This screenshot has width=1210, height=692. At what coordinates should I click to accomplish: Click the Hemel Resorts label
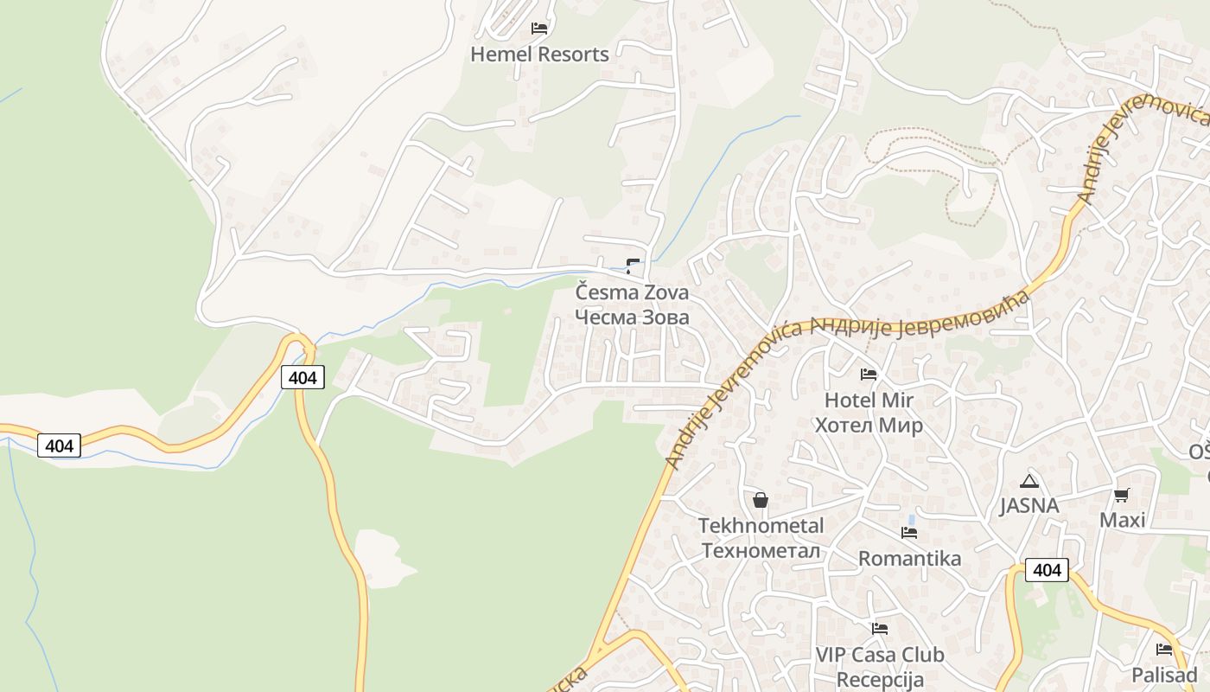(539, 54)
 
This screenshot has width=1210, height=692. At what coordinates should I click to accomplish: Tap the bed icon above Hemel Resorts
(539, 29)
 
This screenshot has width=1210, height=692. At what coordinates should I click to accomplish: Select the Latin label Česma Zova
(633, 292)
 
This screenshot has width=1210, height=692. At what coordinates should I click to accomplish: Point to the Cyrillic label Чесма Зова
(633, 317)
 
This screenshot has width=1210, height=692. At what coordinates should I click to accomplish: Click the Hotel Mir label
(869, 400)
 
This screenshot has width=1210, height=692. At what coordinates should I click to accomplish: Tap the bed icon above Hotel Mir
(869, 375)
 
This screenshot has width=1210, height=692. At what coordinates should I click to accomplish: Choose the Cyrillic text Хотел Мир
(869, 426)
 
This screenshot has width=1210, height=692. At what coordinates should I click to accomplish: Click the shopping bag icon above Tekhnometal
(761, 500)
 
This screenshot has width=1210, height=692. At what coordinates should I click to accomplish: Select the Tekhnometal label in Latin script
(761, 526)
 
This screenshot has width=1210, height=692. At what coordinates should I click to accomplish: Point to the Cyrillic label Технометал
(761, 551)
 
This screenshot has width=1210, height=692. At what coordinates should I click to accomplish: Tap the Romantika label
(909, 559)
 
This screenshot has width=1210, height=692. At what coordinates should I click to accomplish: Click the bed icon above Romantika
(909, 533)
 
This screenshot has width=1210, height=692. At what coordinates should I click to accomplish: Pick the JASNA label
(1028, 506)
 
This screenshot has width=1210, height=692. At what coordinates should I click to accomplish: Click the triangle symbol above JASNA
(1028, 481)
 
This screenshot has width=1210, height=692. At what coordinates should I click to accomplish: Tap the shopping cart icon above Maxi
(1122, 495)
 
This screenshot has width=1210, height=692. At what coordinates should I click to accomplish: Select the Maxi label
(1122, 520)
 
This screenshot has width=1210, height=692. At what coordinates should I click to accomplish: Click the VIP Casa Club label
(880, 655)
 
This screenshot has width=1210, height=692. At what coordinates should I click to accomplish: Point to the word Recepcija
(880, 680)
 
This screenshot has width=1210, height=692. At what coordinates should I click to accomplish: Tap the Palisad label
(1164, 676)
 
